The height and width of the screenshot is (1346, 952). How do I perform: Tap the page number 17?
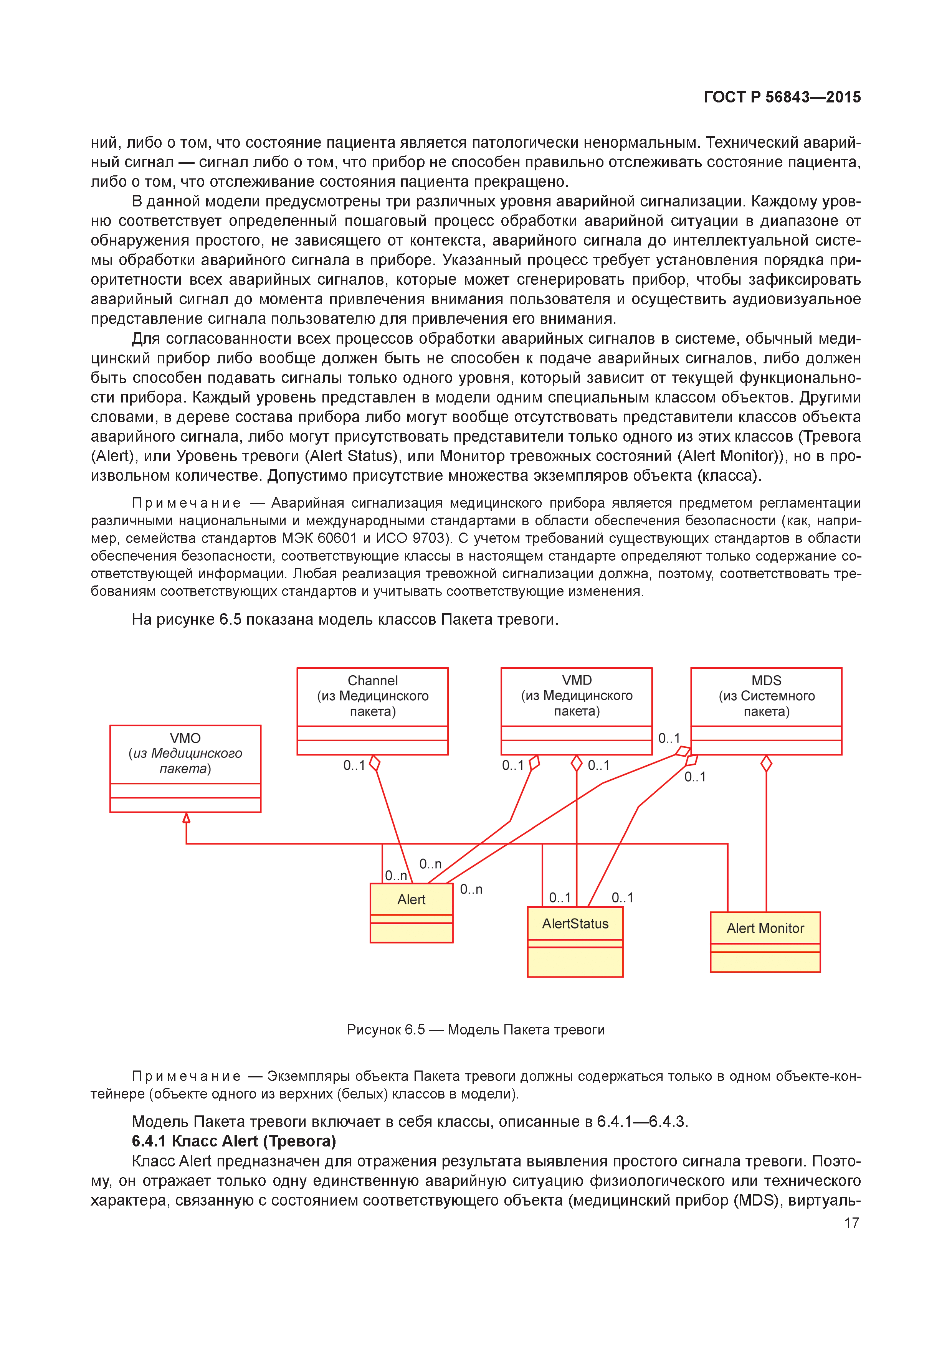pyautogui.click(x=851, y=1223)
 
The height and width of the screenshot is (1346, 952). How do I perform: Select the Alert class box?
pyautogui.click(x=411, y=913)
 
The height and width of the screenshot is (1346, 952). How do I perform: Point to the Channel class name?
pyautogui.click(x=372, y=681)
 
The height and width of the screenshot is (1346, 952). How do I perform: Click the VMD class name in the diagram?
pyautogui.click(x=577, y=680)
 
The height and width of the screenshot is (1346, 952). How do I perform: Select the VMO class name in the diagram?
pyautogui.click(x=185, y=738)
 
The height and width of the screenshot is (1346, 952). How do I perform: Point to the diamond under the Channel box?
pyautogui.click(x=375, y=763)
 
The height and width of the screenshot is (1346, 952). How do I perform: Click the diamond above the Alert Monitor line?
pyautogui.click(x=766, y=763)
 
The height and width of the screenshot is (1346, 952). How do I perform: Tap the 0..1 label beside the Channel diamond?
pyautogui.click(x=354, y=765)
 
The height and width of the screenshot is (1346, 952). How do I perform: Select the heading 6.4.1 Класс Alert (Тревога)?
pyautogui.click(x=233, y=1141)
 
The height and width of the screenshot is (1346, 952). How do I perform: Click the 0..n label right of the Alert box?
pyautogui.click(x=471, y=889)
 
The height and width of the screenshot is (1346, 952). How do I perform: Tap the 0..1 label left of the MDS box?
pyautogui.click(x=669, y=738)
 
